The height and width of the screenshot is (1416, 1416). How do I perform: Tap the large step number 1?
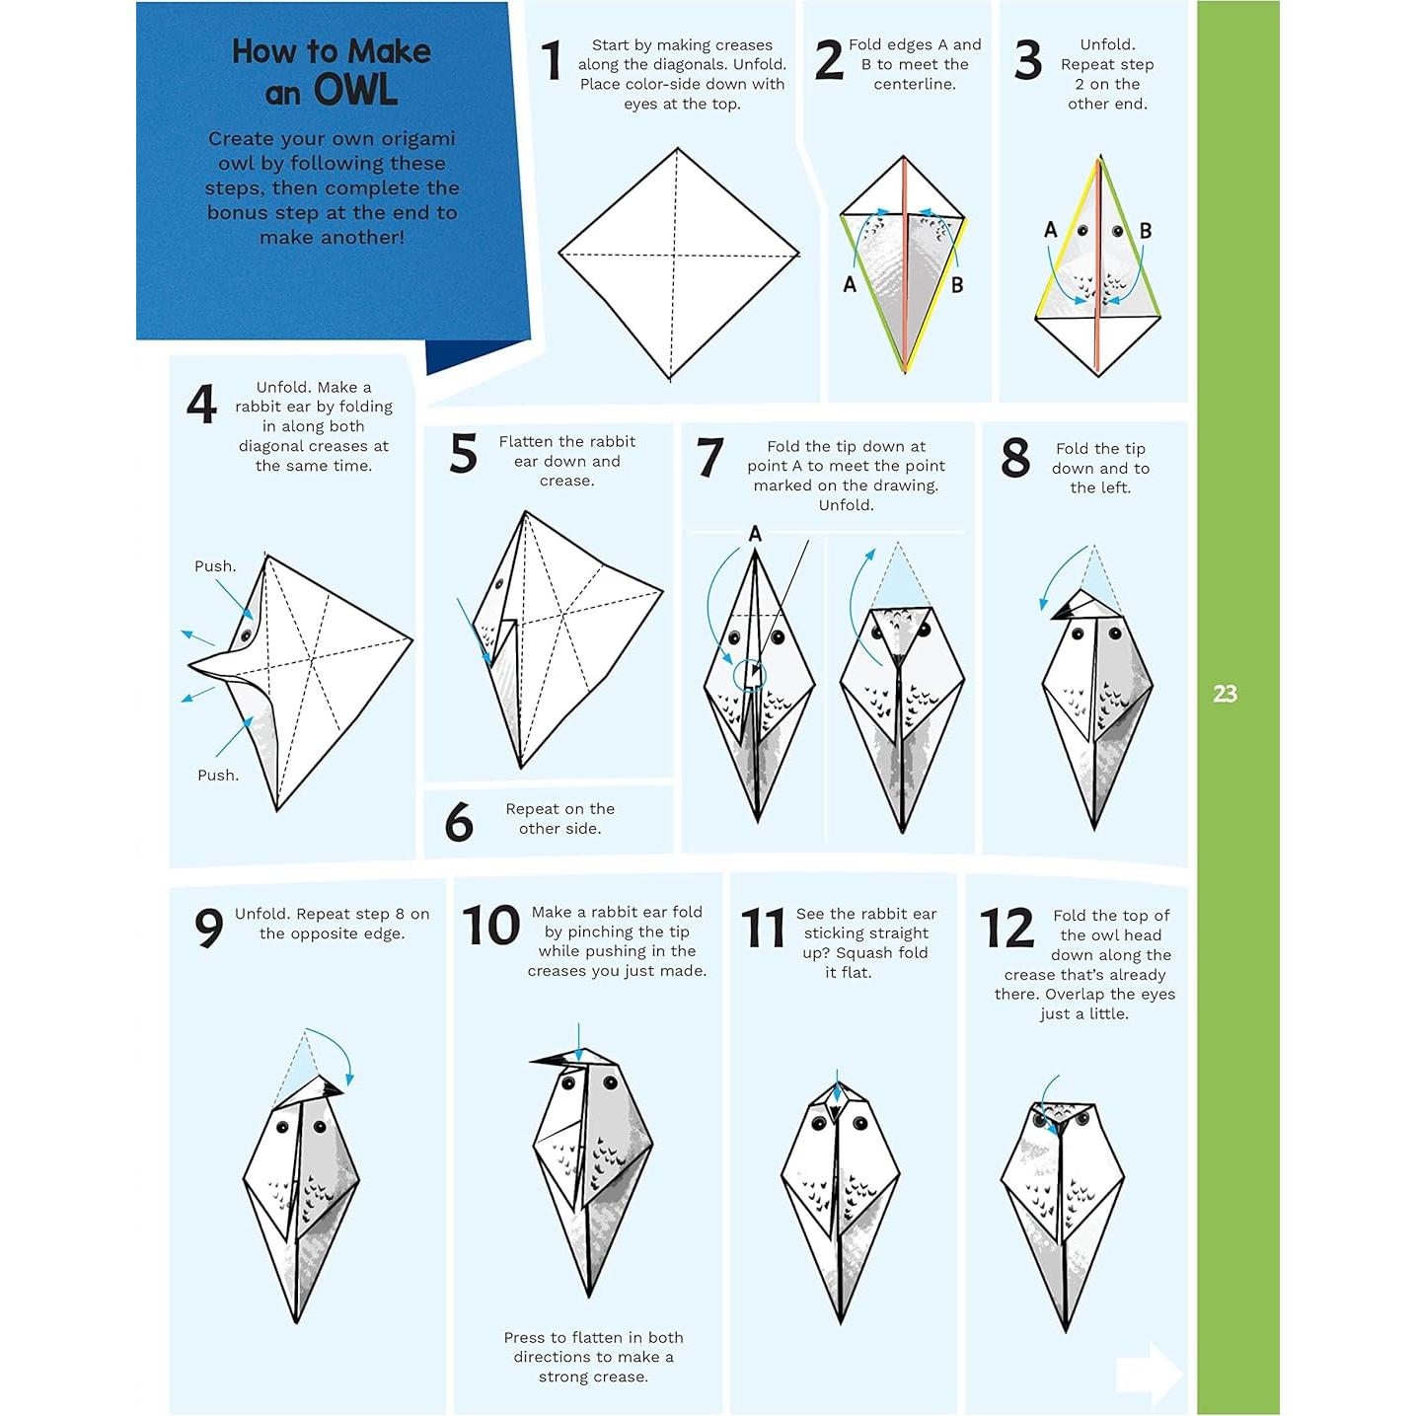552,61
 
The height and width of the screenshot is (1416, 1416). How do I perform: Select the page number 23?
1225,694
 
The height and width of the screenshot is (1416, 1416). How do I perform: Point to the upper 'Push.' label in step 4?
215,566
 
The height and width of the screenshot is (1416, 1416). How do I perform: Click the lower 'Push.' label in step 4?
218,776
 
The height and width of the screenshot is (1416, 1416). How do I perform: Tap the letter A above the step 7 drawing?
755,534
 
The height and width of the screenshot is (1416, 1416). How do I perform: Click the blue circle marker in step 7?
749,675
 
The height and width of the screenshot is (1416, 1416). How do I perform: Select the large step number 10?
490,926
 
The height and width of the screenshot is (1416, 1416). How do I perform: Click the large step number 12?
1006,929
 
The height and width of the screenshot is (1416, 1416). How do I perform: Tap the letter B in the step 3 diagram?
1145,231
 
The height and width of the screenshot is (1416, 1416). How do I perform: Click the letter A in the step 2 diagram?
850,285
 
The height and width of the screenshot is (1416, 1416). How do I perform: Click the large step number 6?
459,822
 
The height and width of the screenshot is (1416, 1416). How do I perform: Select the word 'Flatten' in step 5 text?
526,442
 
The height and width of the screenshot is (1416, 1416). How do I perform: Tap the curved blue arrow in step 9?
335,1054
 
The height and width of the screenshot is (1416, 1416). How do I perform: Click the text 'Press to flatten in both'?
593,1338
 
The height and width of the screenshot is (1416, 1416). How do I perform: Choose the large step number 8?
1015,459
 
